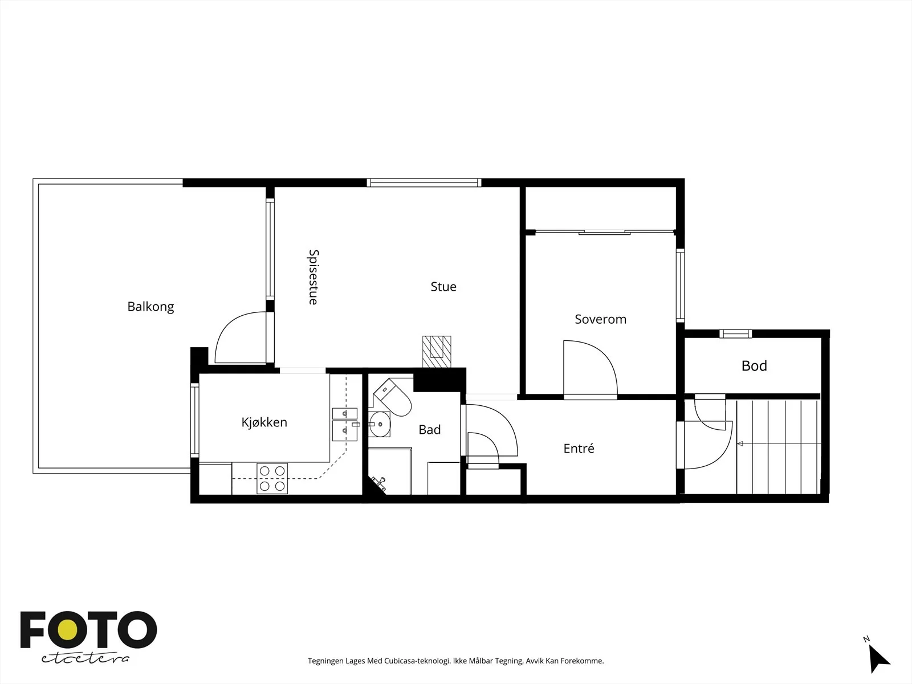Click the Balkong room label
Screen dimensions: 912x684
point(150,307)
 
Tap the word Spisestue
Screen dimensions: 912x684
point(313,277)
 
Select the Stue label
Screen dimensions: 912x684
point(443,287)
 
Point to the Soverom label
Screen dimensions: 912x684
point(600,319)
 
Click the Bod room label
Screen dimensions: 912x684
point(754,366)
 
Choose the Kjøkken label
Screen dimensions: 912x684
point(264,422)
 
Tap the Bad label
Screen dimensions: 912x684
point(430,429)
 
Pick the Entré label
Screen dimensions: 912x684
point(579,448)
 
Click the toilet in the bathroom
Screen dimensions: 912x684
point(392,397)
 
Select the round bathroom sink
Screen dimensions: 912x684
point(380,425)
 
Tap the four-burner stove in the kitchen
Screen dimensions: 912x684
point(272,478)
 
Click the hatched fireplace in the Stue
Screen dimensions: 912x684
point(437,352)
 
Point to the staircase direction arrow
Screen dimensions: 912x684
point(779,444)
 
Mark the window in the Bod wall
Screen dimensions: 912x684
point(735,333)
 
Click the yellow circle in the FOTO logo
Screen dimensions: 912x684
point(68,630)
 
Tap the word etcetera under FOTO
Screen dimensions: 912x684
point(85,659)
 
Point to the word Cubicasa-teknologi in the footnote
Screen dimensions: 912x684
point(417,661)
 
